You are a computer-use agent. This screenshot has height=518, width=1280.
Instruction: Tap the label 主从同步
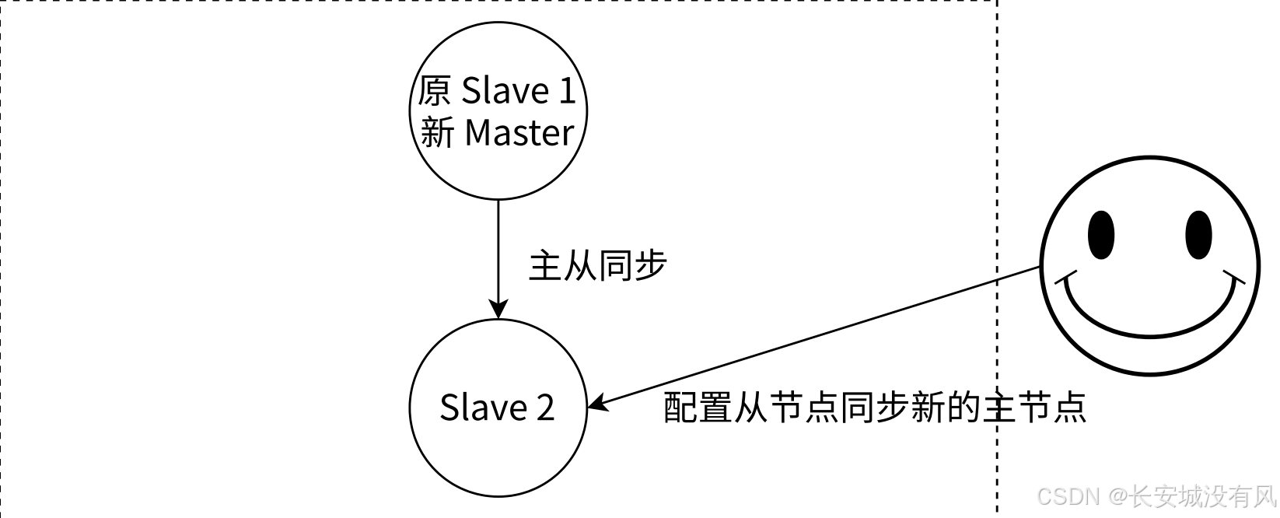(597, 266)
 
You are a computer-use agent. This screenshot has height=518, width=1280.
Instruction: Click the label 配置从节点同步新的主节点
(874, 407)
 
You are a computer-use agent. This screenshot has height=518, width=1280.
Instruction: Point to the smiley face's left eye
(1100, 234)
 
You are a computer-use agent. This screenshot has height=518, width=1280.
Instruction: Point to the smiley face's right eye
(1198, 234)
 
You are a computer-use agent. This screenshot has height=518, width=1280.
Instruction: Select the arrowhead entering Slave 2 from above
(498, 310)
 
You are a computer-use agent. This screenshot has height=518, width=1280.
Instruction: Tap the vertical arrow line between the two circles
(498, 249)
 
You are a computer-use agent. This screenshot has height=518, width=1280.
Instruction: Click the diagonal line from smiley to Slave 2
(817, 337)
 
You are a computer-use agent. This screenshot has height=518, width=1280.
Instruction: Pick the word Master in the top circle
(519, 133)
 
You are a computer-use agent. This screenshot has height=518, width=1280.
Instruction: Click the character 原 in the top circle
(434, 91)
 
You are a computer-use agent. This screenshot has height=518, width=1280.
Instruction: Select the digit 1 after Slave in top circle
(566, 91)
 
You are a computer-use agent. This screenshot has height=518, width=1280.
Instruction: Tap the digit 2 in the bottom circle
(544, 408)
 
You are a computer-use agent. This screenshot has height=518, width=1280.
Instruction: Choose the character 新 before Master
(437, 133)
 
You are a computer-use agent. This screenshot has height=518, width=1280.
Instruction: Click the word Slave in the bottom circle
(484, 408)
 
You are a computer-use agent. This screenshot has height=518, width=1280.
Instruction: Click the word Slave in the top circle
(505, 91)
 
